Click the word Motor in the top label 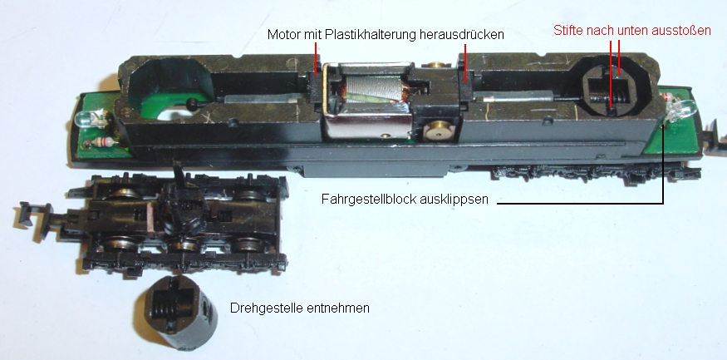284,35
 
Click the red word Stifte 568,31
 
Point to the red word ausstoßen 682,31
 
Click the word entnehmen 341,308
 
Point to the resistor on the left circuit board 102,141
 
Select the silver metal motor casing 369,103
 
